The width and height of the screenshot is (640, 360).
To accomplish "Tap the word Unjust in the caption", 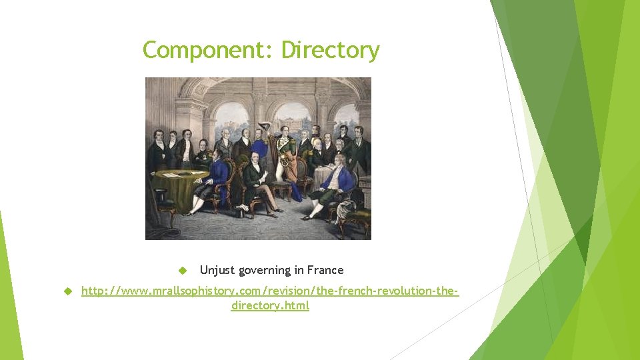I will (x=217, y=270).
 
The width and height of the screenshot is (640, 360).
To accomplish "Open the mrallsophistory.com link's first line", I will (x=270, y=291).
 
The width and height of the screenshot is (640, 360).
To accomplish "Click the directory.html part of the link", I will (x=270, y=306).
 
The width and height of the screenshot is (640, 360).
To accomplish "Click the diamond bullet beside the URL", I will (x=67, y=291).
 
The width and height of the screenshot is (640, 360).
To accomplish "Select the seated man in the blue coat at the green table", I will (x=214, y=177).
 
